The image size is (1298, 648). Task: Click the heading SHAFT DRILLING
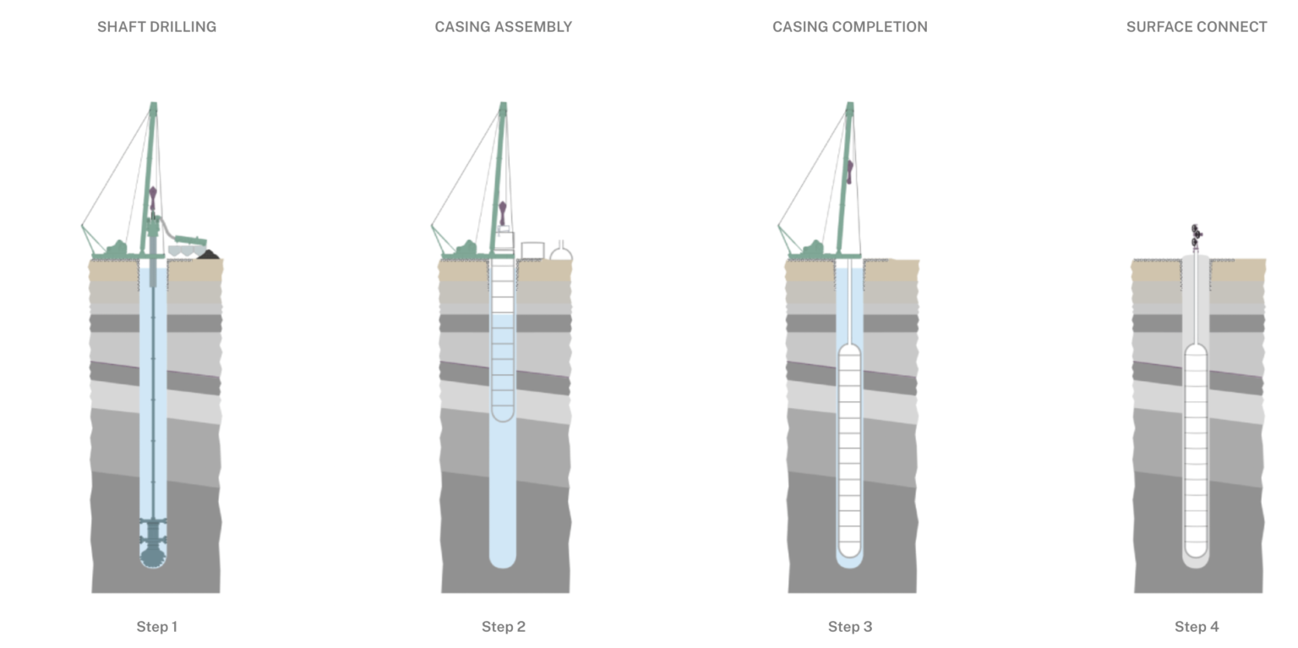pos(156,27)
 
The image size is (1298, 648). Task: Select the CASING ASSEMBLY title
pos(503,27)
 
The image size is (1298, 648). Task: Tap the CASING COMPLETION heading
pos(849,27)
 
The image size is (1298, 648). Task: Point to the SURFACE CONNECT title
pos(1196,27)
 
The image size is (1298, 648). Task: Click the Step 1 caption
pos(156,627)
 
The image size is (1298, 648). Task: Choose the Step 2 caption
pos(504,627)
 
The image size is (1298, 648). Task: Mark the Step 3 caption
pos(849,627)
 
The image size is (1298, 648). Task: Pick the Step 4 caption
pos(1196,627)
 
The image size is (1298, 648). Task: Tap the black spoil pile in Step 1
pos(208,253)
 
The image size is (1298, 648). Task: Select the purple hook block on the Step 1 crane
pos(153,199)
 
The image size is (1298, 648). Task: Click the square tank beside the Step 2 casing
pos(532,250)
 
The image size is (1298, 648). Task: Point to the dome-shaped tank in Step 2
pos(561,252)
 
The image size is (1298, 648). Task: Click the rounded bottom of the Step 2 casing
pos(503,413)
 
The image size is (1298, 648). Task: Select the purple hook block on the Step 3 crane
pos(849,172)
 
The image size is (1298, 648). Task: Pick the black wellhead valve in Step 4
pos(1196,235)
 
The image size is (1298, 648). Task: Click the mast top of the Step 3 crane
pos(850,107)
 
